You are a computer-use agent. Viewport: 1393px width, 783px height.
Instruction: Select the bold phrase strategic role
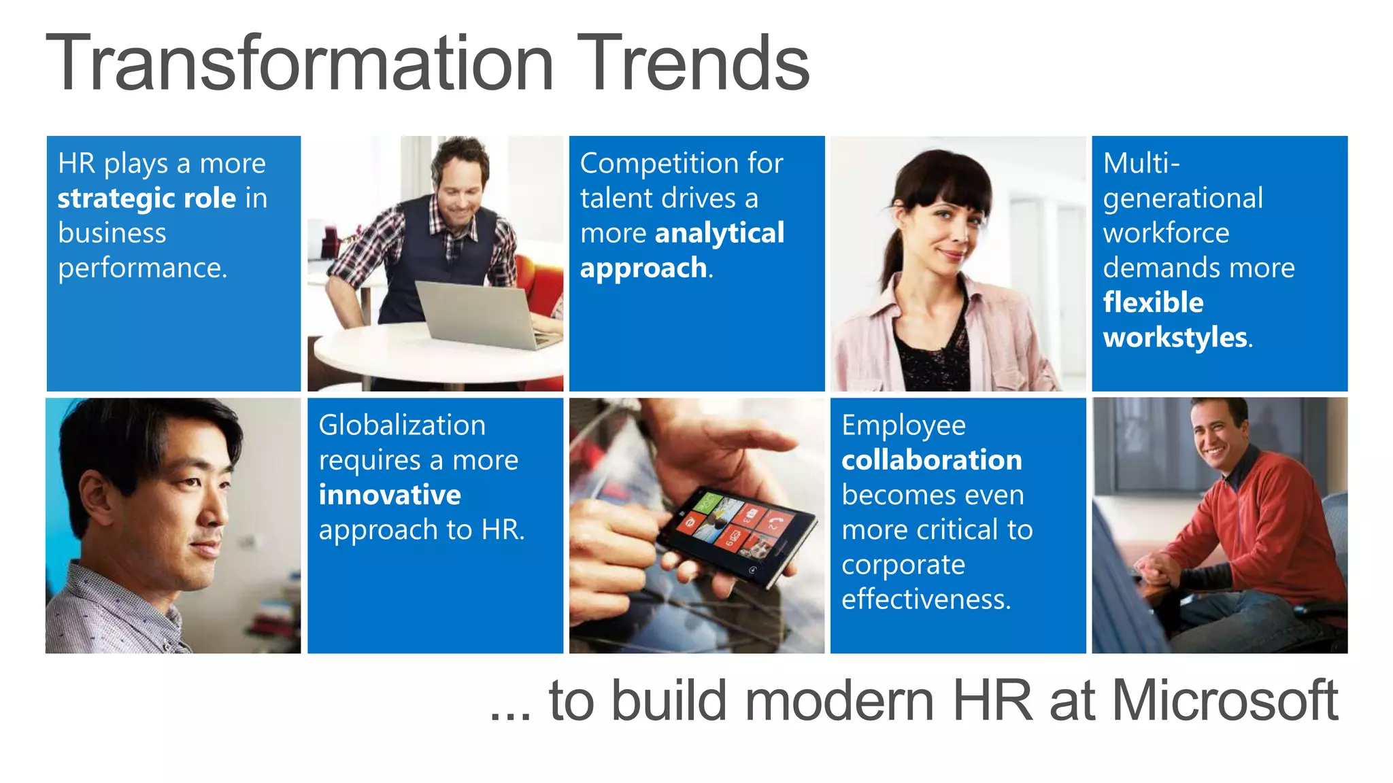(146, 198)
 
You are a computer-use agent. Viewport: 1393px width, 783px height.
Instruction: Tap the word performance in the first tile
(141, 268)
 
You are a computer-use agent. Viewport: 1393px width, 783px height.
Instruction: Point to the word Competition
(657, 164)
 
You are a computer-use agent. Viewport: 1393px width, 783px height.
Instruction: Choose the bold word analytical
(719, 233)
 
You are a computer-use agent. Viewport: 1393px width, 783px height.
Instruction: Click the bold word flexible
(1153, 302)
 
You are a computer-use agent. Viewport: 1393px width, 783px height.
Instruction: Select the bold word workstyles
(1175, 337)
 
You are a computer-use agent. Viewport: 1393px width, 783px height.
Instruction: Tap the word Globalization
(402, 425)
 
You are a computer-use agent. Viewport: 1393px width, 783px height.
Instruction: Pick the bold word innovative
(390, 495)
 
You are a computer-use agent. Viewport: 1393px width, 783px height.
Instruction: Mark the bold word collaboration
(931, 460)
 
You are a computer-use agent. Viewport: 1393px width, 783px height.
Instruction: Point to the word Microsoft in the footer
(1224, 701)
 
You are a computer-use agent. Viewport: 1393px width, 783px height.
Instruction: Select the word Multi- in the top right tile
(1141, 164)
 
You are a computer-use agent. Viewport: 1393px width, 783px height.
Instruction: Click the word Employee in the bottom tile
(903, 425)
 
